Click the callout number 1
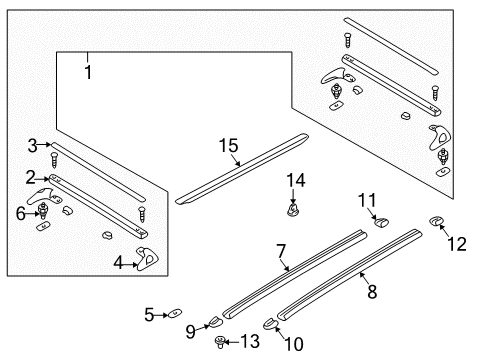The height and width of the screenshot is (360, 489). click(87, 73)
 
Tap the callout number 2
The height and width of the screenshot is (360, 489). click(31, 177)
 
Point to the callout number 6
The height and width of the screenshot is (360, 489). click(19, 212)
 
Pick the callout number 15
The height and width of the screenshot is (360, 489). click(229, 146)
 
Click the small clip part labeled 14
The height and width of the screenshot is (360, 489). click(295, 210)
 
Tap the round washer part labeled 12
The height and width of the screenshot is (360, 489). click(437, 222)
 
